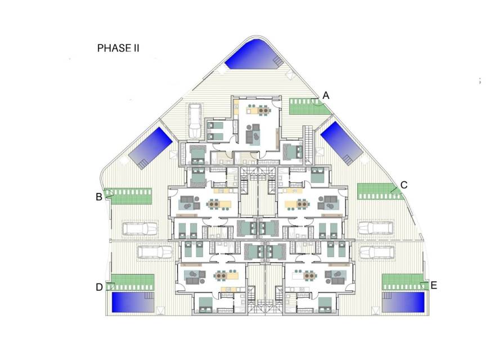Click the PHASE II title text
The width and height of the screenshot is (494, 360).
click(x=118, y=48)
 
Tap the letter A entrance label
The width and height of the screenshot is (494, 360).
click(x=326, y=95)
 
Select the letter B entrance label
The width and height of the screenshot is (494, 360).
click(x=99, y=197)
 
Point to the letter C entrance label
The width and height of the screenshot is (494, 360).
click(x=403, y=185)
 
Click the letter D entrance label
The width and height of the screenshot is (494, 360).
click(x=99, y=287)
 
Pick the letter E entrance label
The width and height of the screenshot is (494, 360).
click(x=434, y=285)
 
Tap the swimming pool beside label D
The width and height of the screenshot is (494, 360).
click(x=133, y=303)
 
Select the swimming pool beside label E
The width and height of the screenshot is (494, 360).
click(x=403, y=303)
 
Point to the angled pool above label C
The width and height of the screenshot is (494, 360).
click(x=342, y=143)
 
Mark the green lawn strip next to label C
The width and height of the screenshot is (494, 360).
click(x=380, y=191)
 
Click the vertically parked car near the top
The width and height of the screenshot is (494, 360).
click(x=195, y=121)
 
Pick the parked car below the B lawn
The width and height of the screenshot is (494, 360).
click(x=140, y=229)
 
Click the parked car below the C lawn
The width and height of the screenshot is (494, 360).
click(x=375, y=228)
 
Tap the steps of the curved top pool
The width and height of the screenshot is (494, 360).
click(x=278, y=61)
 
